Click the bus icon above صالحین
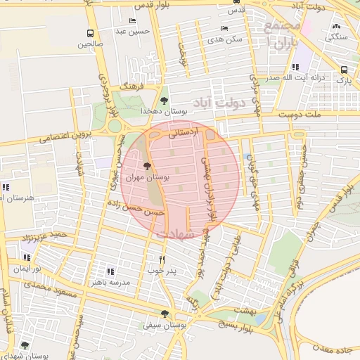(89, 33)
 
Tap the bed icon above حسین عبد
(134, 21)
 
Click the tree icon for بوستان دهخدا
(165, 101)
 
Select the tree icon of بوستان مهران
(147, 167)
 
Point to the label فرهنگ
(131, 85)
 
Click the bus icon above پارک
(344, 70)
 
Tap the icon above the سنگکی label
(335, 27)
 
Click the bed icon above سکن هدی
(224, 28)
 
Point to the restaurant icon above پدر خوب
(162, 259)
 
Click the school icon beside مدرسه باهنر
(110, 271)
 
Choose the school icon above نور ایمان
(27, 258)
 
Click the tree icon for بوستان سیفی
(165, 314)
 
